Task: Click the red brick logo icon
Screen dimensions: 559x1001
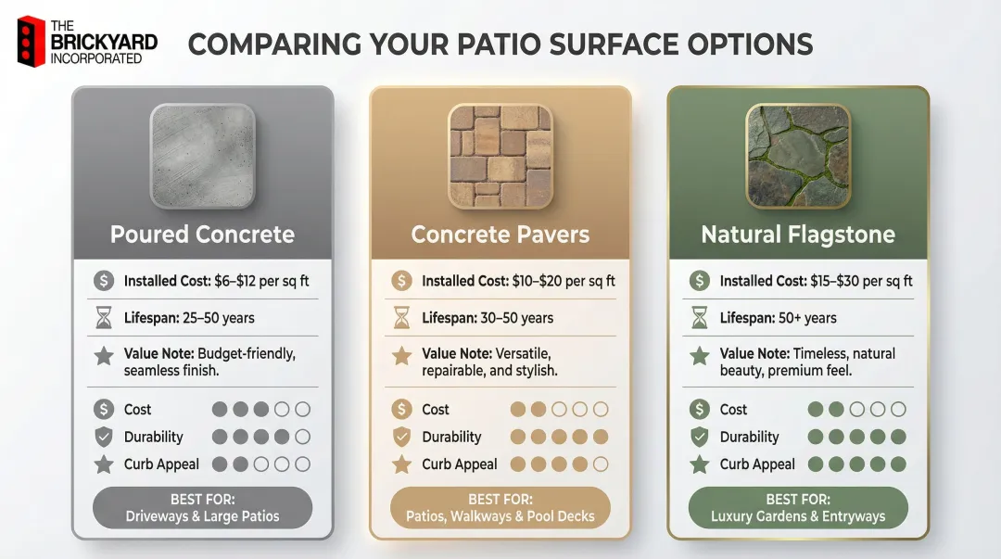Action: pos(32,41)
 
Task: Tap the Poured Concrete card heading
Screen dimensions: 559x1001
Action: pos(202,235)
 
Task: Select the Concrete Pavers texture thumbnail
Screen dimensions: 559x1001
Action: pos(500,155)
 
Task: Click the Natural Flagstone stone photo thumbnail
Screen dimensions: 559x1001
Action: pos(798,155)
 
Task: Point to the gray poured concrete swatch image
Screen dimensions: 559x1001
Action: pos(202,155)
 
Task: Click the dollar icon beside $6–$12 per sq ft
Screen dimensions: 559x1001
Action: pos(104,281)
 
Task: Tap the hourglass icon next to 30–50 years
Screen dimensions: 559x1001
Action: pos(401,318)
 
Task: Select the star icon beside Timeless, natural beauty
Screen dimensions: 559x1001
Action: pos(700,356)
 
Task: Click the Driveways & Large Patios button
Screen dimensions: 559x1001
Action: pos(202,508)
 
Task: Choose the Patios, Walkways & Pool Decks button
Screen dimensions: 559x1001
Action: pos(500,508)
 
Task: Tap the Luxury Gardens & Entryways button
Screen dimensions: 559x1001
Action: pos(798,508)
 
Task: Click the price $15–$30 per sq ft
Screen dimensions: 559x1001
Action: pos(851,281)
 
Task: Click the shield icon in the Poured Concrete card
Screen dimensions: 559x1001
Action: pos(104,437)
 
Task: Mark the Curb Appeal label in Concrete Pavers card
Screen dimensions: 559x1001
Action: pos(460,464)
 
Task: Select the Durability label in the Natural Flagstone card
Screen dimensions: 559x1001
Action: pos(749,437)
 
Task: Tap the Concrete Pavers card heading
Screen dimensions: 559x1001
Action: pos(500,235)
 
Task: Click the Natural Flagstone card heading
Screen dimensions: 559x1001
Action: pos(798,235)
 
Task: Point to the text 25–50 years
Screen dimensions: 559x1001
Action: pos(225,318)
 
